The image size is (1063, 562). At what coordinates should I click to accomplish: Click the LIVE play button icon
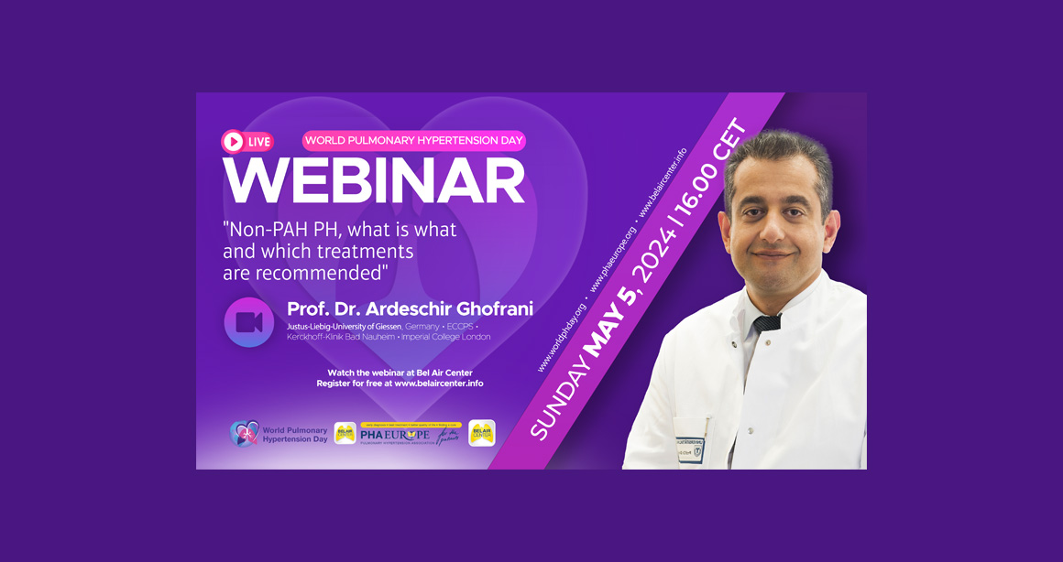(233, 142)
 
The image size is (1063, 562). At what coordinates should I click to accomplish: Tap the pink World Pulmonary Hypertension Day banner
(413, 141)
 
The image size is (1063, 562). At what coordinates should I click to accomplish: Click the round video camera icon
(249, 322)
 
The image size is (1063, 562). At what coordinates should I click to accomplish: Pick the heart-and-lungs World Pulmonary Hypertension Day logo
(244, 433)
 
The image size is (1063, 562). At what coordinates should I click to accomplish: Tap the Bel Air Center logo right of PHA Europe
(482, 433)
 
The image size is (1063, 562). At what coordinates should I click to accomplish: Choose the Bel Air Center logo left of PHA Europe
(345, 433)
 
